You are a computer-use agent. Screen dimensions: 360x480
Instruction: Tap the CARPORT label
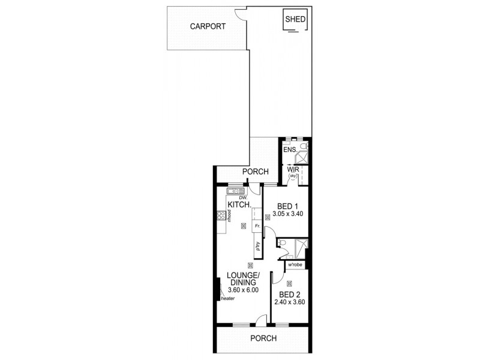point(208,26)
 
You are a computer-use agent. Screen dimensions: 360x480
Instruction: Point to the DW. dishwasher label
point(243,197)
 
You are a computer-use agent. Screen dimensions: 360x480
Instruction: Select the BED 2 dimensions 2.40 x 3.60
point(289,302)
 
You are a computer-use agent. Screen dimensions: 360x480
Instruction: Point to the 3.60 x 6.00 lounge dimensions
point(243,290)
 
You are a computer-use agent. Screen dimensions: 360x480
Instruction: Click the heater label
point(227,299)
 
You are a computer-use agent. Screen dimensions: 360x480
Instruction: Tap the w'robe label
point(295,265)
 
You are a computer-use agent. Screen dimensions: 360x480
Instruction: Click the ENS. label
point(290,150)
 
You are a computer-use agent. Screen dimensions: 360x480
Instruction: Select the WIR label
point(293,170)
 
